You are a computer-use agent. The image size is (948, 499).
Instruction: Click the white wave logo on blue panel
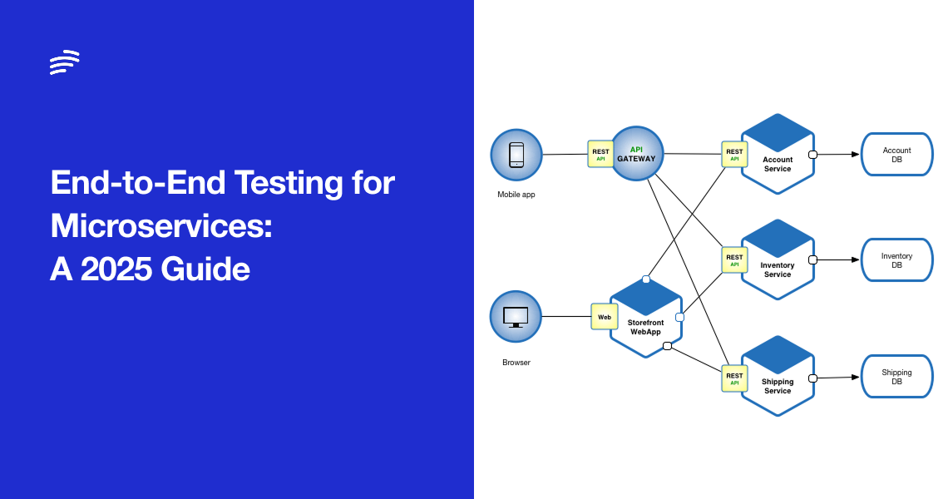click(64, 62)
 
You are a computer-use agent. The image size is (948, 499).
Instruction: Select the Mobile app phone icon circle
click(516, 155)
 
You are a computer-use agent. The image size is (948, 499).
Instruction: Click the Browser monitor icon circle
click(516, 316)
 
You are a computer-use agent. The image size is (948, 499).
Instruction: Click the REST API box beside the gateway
click(600, 155)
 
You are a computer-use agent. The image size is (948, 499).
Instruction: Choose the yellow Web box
click(605, 317)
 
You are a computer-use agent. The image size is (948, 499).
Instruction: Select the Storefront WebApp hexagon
click(646, 319)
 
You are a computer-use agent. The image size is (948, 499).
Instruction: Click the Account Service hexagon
click(778, 156)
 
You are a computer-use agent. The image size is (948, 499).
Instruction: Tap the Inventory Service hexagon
click(778, 261)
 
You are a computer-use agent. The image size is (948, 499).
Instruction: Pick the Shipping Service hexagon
click(778, 378)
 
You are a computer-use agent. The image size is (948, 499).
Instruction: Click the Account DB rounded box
click(896, 155)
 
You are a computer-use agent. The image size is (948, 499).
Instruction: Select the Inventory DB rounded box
click(896, 260)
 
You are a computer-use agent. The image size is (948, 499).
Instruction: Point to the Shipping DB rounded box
click(896, 377)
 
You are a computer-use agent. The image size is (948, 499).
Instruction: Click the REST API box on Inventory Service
click(734, 260)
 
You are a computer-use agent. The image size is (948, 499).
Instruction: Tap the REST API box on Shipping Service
click(734, 378)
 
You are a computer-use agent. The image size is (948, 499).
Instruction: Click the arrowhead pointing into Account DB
click(854, 154)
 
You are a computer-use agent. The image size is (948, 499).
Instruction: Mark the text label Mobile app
click(516, 195)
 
